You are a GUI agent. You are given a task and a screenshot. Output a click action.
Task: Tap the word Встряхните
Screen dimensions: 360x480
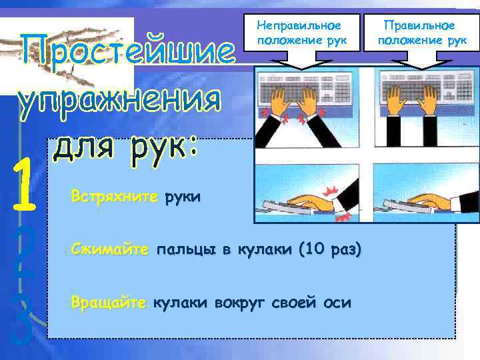point(115,197)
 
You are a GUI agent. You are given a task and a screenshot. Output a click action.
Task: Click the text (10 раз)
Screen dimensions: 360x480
point(330,250)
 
